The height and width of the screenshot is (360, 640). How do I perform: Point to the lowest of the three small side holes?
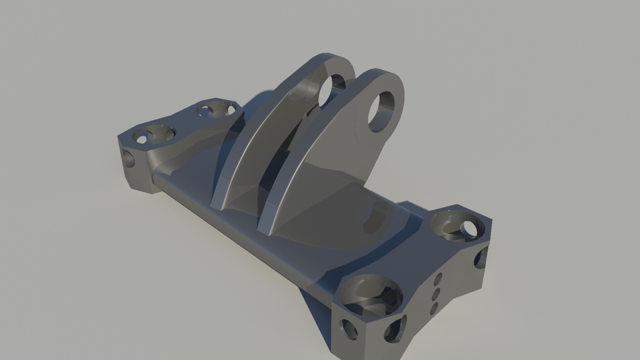433,308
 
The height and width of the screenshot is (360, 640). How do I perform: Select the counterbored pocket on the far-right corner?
457,226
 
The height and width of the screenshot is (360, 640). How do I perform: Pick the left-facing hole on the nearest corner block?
349,328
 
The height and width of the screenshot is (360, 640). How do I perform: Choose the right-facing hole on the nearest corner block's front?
395,329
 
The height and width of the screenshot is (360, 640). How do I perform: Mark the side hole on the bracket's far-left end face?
128,159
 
